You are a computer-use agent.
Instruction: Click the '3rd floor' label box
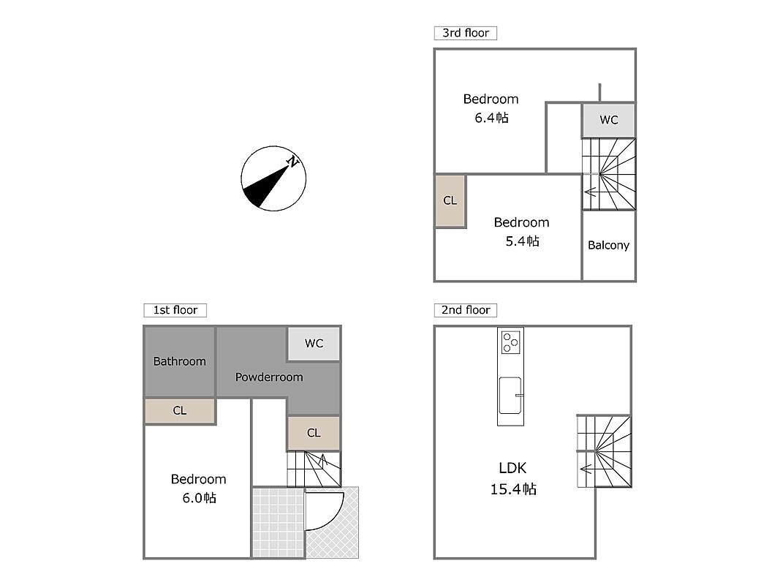point(465,33)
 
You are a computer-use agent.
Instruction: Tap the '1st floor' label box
point(175,310)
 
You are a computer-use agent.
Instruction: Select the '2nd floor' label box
point(465,310)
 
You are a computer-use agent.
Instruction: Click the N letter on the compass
point(293,162)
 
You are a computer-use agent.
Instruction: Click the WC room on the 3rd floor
point(608,120)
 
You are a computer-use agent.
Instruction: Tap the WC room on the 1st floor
point(314,343)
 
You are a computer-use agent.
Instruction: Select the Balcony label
point(608,245)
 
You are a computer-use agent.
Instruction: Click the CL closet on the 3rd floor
point(450,200)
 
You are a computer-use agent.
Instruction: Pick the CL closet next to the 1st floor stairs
point(314,433)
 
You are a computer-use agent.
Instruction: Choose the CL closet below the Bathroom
point(180,411)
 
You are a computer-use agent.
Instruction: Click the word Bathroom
point(180,362)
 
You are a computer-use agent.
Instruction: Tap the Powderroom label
point(269,377)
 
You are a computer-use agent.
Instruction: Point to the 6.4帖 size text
point(491,118)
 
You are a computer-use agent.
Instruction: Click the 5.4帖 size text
point(523,241)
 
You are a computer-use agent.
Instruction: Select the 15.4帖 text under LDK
point(513,489)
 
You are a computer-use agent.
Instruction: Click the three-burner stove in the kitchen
point(510,341)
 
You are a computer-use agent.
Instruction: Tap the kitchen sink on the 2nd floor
point(510,396)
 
